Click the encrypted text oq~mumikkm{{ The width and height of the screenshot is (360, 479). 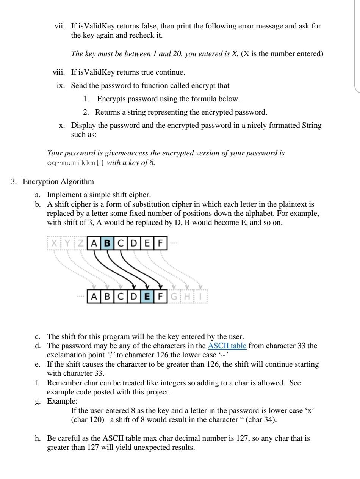pyautogui.click(x=76, y=163)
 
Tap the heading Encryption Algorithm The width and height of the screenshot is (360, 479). pyautogui.click(x=58, y=181)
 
